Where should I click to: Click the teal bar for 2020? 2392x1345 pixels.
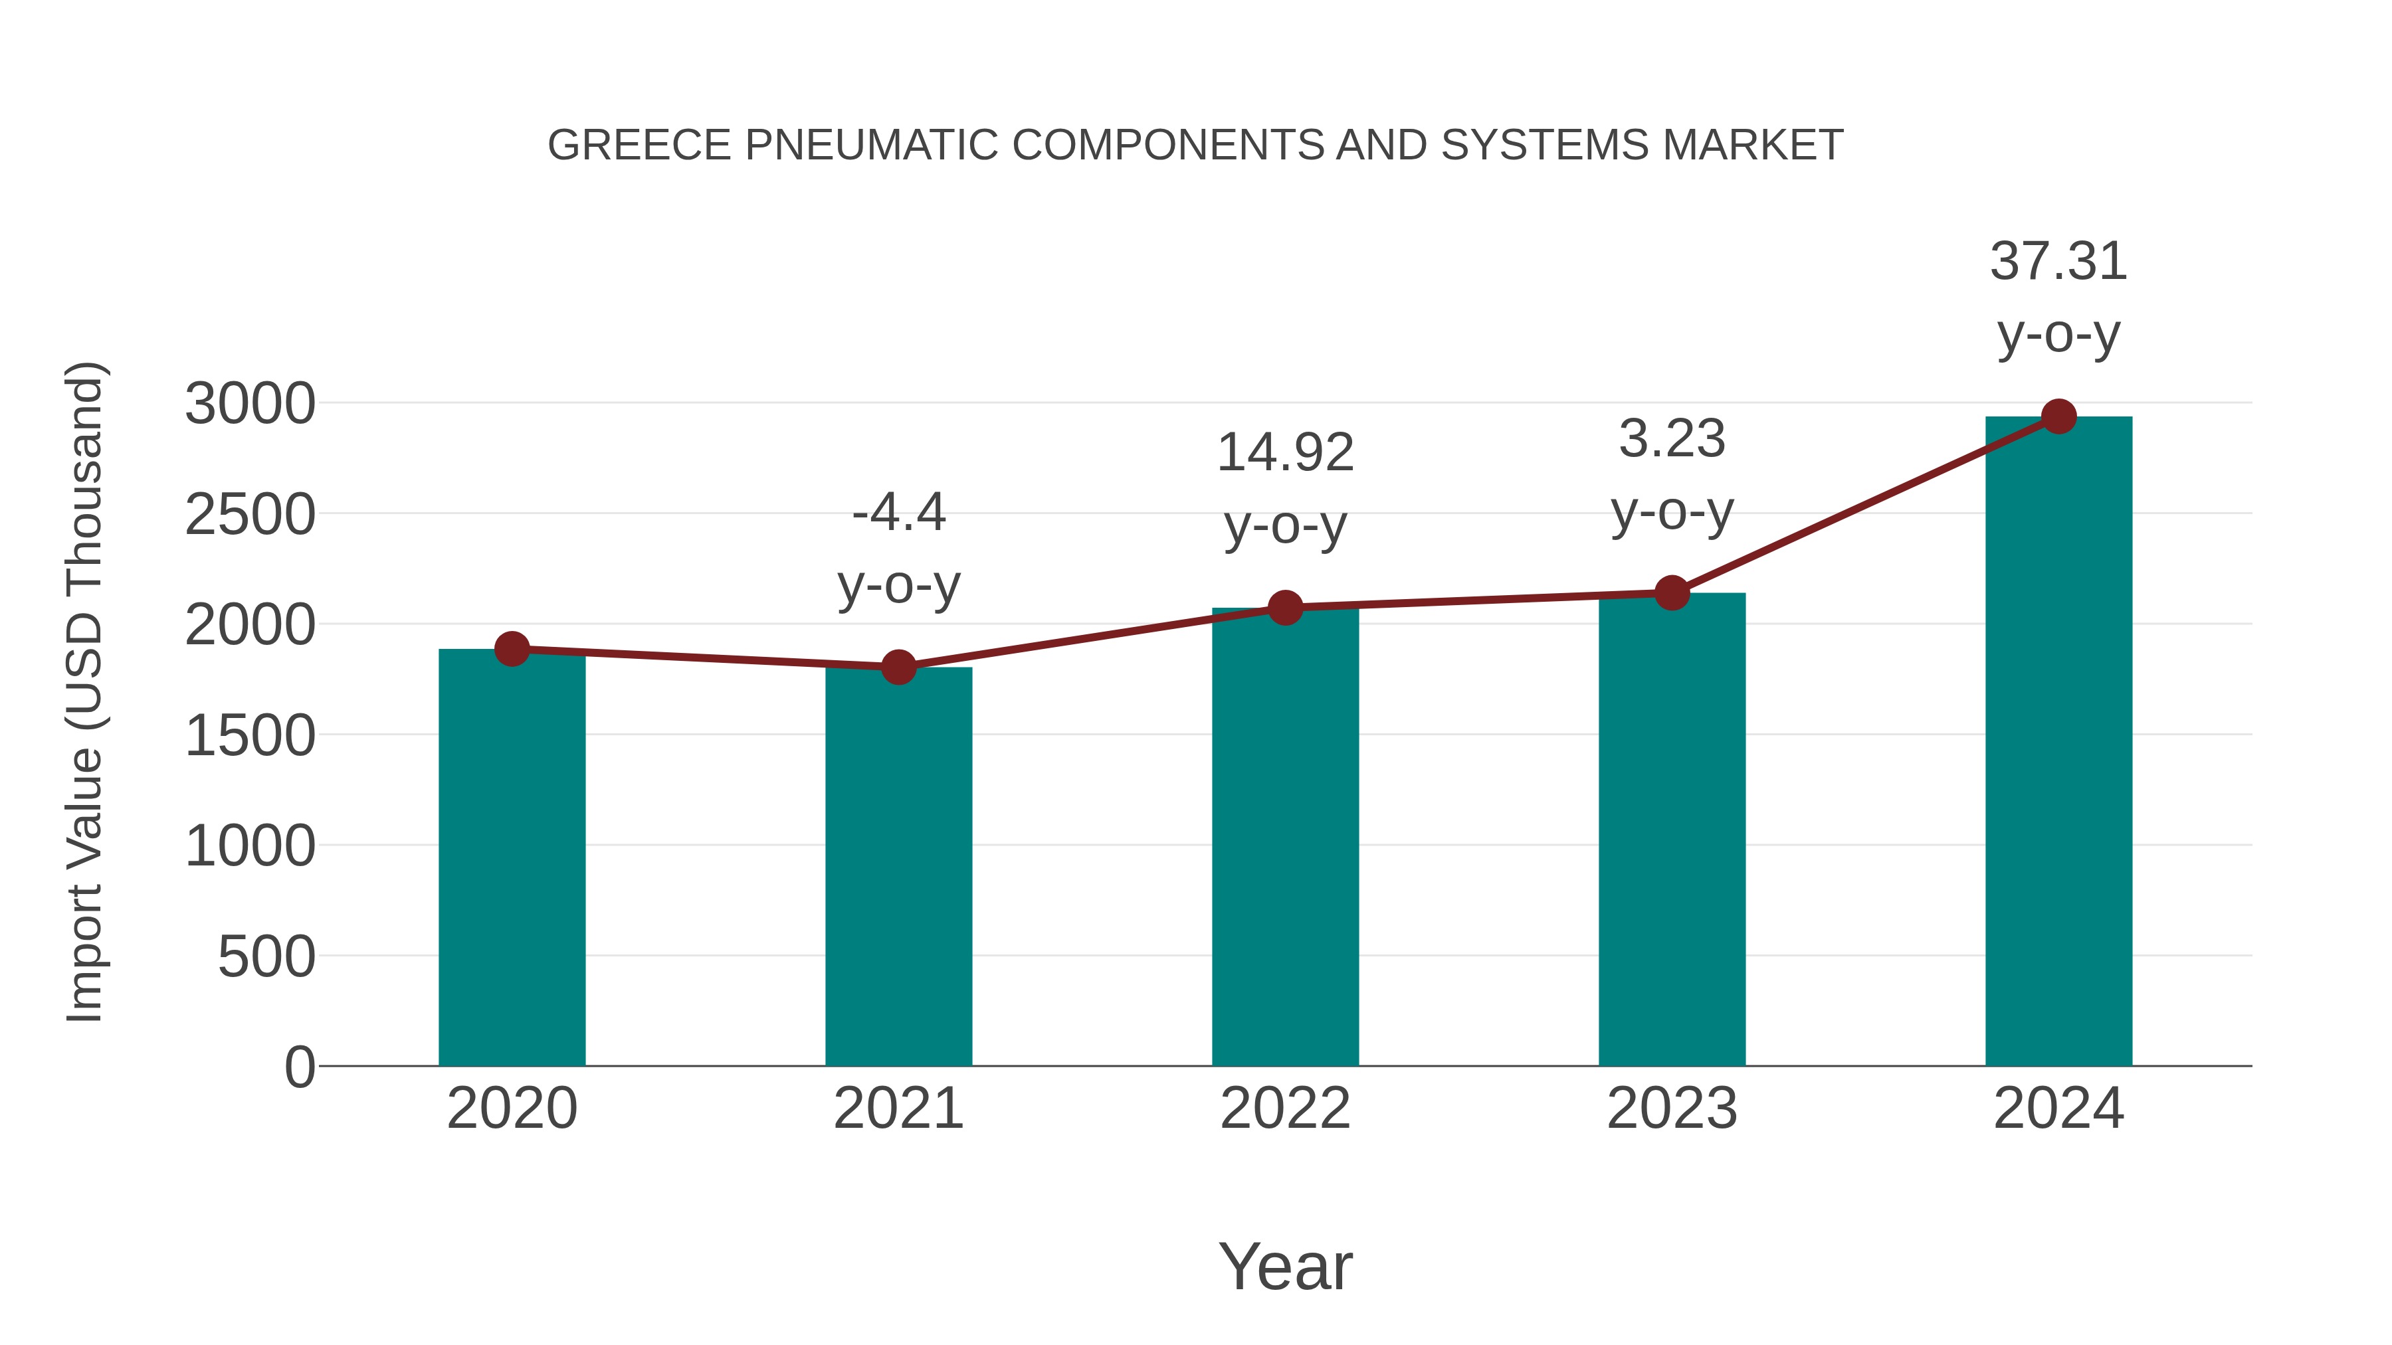512,859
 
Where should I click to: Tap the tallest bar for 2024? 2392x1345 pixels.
2058,743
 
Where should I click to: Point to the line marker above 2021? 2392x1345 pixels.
898,666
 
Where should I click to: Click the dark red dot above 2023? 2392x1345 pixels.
1672,592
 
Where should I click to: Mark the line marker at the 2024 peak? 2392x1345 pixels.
2058,416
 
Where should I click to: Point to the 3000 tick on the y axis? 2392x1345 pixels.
250,404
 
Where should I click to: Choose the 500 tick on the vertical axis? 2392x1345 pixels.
266,957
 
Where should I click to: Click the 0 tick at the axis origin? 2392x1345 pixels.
299,1067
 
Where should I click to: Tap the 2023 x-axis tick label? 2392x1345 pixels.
1672,1109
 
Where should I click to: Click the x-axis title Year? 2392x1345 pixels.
1285,1266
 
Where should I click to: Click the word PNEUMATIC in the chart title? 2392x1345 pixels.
871,145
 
